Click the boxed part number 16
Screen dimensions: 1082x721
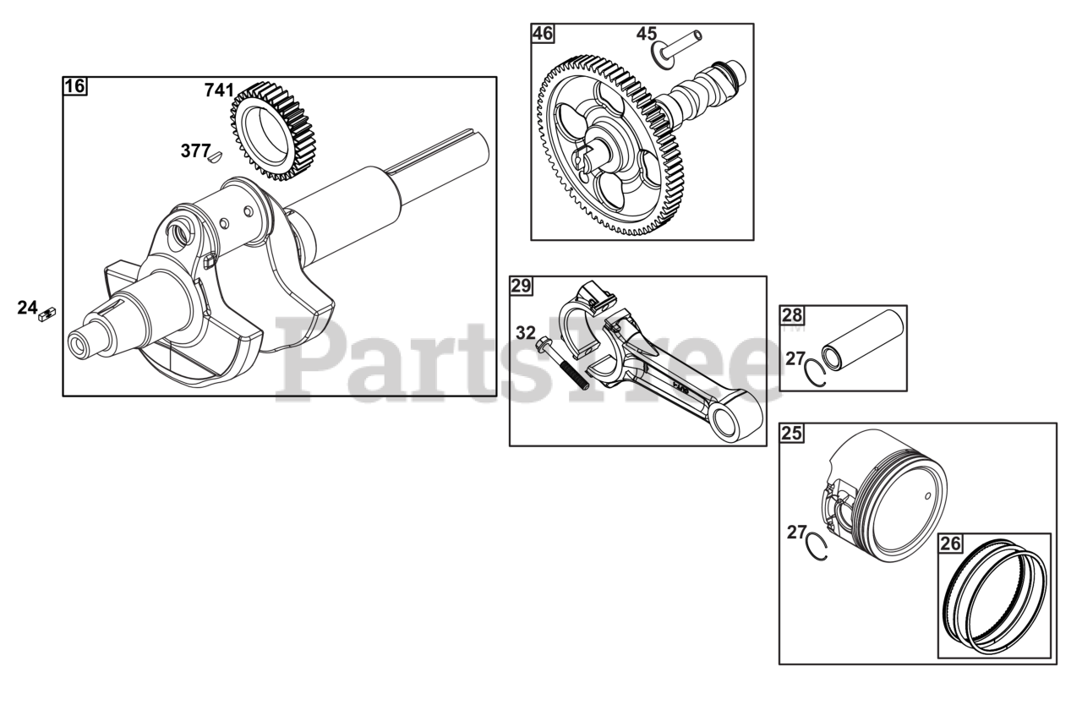point(74,86)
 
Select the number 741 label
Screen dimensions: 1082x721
point(218,90)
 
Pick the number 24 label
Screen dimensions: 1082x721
point(27,308)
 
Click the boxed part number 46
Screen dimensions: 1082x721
point(542,34)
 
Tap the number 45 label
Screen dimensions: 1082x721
point(646,34)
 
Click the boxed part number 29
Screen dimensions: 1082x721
point(521,286)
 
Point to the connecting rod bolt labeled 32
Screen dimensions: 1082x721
point(562,363)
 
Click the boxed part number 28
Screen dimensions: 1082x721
point(791,315)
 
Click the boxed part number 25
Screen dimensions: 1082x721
point(791,434)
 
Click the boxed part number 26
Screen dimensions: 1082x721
point(950,543)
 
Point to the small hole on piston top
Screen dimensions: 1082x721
point(929,494)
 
